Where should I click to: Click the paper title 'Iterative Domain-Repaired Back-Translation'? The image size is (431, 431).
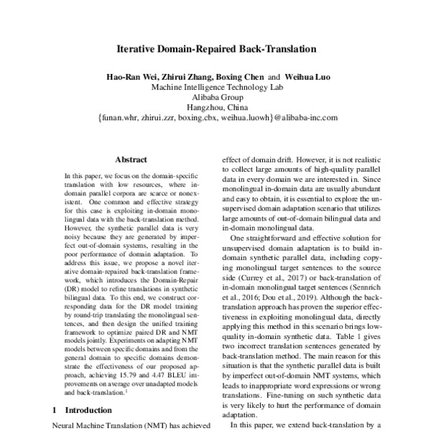tap(216, 51)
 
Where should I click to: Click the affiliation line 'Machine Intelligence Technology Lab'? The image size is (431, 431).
tap(216, 87)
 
